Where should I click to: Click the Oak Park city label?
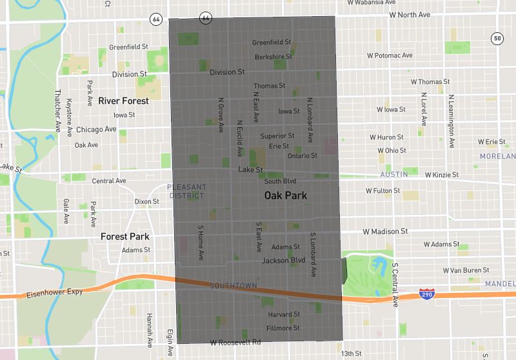click(x=286, y=195)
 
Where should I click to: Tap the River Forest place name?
click(x=123, y=101)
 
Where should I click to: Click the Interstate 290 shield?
click(x=425, y=294)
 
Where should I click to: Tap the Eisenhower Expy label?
click(x=55, y=293)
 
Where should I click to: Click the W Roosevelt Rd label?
click(x=235, y=342)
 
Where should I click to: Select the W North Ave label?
click(x=410, y=15)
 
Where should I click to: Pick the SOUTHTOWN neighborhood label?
click(x=233, y=286)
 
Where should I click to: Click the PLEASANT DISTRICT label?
click(x=187, y=191)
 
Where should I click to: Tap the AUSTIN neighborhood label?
click(x=394, y=175)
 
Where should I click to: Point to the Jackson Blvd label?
click(x=283, y=261)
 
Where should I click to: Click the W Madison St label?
click(x=385, y=231)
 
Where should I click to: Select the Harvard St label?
click(x=284, y=315)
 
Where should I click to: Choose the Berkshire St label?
click(x=273, y=57)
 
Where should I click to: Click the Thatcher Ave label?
click(x=57, y=112)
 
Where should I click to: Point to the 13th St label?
click(x=352, y=354)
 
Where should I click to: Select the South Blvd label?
click(x=280, y=181)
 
